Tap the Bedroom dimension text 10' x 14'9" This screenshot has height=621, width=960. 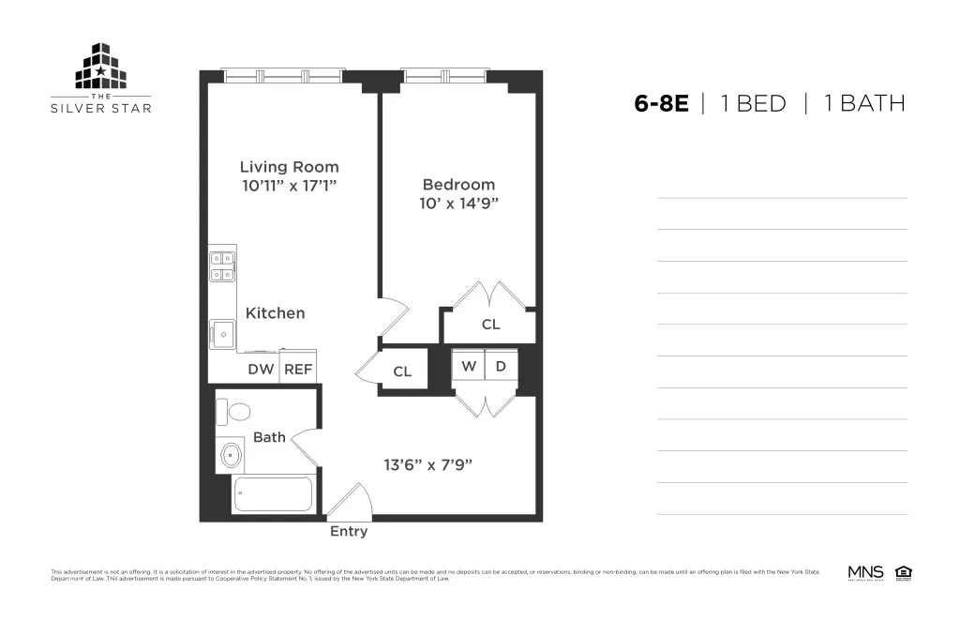[458, 203]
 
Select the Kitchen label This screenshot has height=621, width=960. [275, 313]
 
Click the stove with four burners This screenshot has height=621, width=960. [222, 266]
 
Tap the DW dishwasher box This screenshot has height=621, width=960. [261, 370]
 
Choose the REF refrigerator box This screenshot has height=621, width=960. [298, 370]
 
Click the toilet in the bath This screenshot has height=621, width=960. [235, 411]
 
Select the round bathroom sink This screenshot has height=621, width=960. [231, 457]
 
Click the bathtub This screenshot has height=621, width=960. [273, 494]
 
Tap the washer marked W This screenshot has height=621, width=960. [468, 366]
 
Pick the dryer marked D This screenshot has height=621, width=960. [501, 366]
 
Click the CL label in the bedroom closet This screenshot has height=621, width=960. [490, 325]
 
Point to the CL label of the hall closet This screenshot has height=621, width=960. [402, 371]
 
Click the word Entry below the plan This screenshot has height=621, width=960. [349, 532]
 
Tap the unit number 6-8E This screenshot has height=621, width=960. [661, 103]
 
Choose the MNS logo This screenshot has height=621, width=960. [865, 571]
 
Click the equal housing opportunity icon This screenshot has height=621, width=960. [904, 571]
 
